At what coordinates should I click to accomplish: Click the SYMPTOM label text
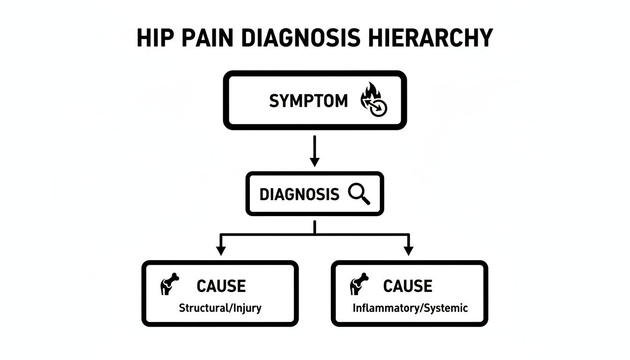pyautogui.click(x=308, y=101)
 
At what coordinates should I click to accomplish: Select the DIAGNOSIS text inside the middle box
pyautogui.click(x=299, y=194)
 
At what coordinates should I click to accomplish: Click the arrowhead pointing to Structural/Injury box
pyautogui.click(x=220, y=251)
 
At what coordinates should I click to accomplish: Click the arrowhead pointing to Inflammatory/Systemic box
pyautogui.click(x=409, y=251)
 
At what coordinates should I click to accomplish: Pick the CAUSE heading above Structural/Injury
pyautogui.click(x=221, y=286)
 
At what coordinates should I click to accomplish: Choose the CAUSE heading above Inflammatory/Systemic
pyautogui.click(x=407, y=286)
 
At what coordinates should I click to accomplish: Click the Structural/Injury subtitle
pyautogui.click(x=220, y=308)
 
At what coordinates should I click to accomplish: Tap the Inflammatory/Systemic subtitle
pyautogui.click(x=410, y=308)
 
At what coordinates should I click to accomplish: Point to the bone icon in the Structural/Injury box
pyautogui.click(x=169, y=284)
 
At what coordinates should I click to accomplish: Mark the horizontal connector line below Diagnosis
pyautogui.click(x=315, y=234)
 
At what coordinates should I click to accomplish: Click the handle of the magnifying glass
pyautogui.click(x=365, y=199)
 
